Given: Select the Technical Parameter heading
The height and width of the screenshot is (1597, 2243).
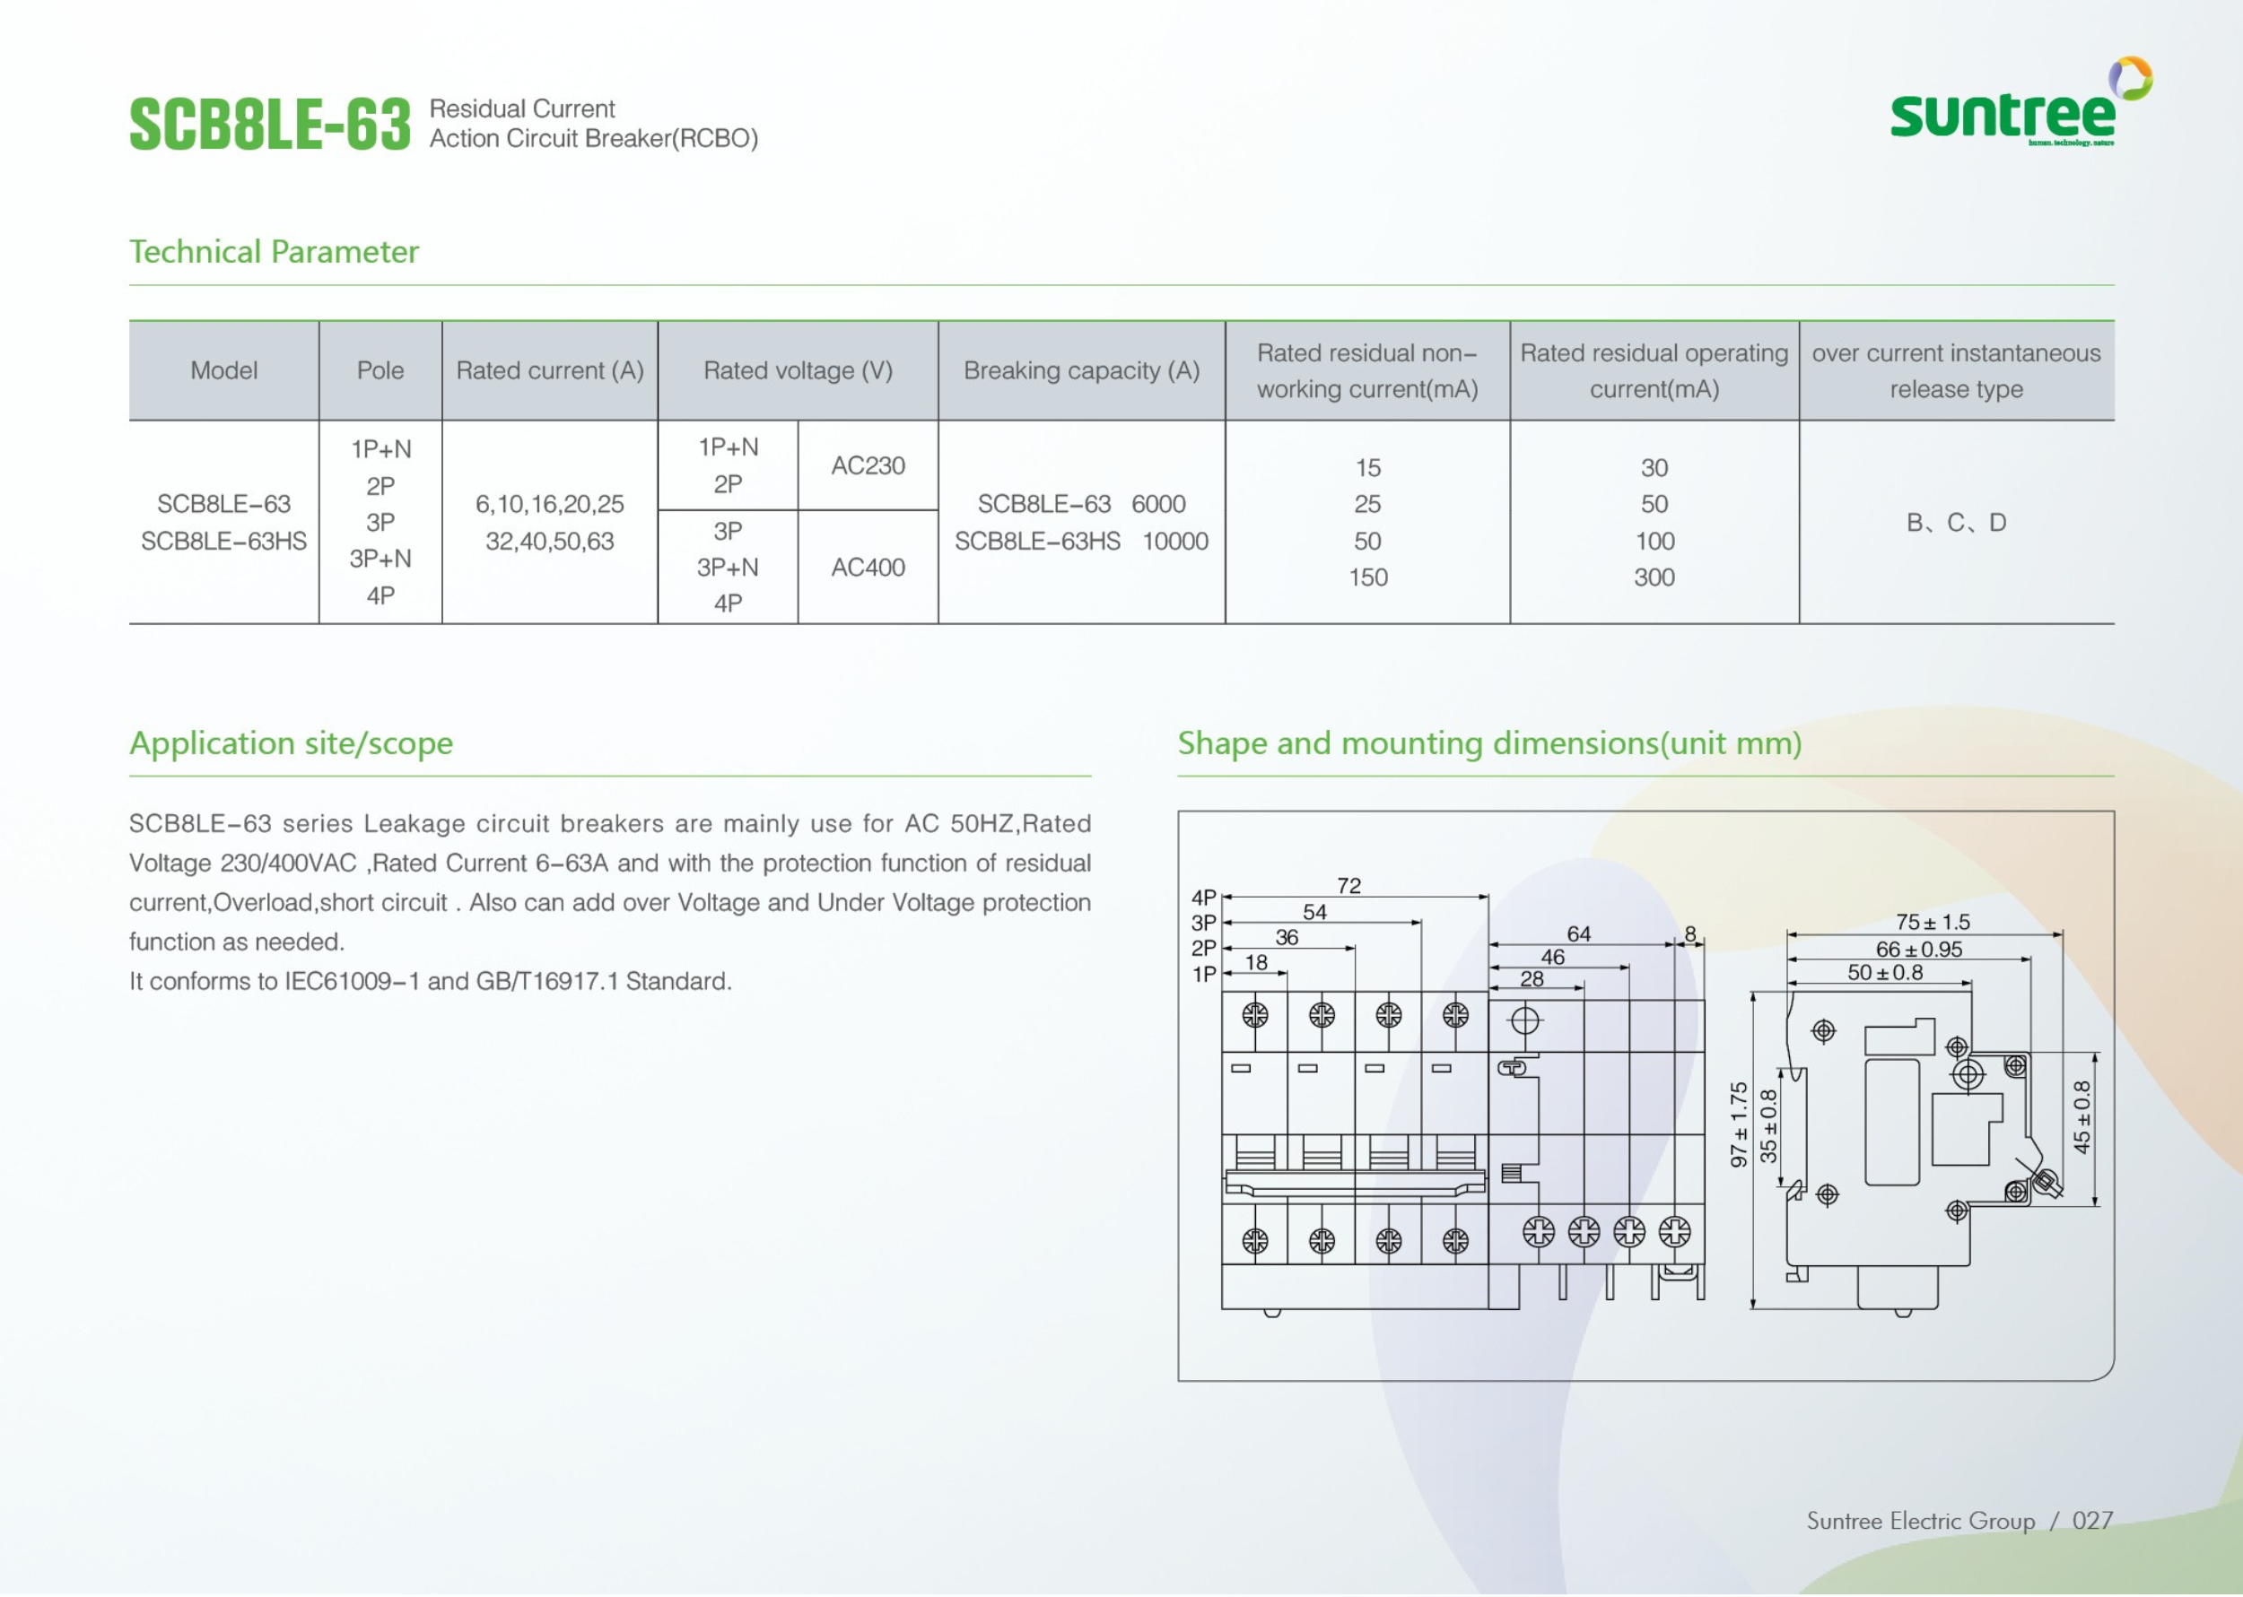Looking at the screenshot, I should pos(274,252).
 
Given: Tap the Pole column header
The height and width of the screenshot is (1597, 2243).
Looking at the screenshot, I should pos(380,370).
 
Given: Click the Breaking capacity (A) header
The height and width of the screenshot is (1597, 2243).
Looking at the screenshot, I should pos(1081,370).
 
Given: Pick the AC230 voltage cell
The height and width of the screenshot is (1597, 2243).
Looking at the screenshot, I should pos(868,465).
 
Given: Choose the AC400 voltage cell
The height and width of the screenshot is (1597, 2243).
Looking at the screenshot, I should pos(868,568).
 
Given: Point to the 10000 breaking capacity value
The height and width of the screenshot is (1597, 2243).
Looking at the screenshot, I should pos(1174,541).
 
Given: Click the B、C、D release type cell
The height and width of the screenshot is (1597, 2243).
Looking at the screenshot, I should pos(1956,522).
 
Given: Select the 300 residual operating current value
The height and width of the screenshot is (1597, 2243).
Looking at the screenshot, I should pos(1654,577).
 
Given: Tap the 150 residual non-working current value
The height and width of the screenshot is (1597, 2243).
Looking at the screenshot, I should pos(1367,577).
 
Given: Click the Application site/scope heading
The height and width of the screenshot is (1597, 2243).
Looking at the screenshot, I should pos(292,742).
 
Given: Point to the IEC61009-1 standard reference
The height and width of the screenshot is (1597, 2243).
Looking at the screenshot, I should pos(353,981).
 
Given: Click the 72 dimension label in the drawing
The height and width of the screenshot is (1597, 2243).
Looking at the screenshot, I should pos(1348,886).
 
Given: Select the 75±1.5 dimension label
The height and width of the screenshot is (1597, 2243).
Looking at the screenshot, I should pos(1933,923).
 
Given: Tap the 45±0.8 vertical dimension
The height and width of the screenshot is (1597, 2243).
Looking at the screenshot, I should pos(2082,1117).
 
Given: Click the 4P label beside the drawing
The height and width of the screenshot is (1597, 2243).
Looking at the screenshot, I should pos(1203,897).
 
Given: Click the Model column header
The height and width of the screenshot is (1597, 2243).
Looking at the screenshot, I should pos(223,370).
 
